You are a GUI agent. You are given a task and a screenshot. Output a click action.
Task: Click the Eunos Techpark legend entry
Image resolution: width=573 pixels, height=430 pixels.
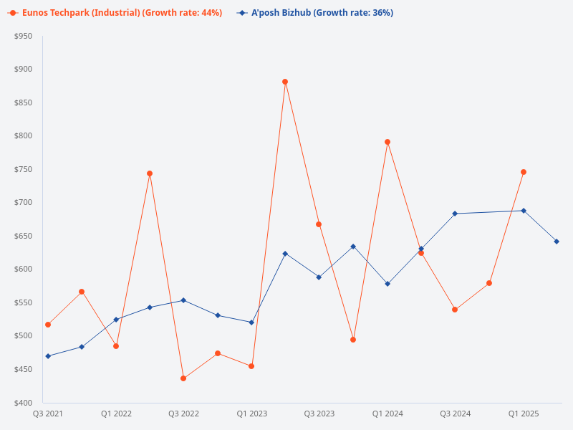[115, 13]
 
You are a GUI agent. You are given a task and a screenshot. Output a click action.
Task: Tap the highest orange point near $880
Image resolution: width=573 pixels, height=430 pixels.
[285, 82]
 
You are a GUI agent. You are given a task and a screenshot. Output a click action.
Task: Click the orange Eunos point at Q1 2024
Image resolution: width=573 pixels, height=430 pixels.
[387, 142]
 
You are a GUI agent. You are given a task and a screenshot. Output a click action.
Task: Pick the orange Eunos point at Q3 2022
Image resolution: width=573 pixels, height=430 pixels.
[183, 378]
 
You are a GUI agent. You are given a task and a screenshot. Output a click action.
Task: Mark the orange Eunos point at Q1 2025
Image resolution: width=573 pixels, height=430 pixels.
[524, 172]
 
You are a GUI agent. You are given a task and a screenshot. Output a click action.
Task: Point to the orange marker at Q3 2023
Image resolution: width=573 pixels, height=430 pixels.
[319, 224]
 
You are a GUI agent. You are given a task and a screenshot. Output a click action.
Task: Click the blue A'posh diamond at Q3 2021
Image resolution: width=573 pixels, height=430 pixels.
[48, 356]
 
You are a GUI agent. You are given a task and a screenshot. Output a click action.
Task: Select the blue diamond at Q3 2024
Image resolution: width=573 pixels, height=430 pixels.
[455, 214]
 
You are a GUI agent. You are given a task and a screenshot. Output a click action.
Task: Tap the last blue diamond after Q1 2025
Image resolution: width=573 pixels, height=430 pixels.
[557, 242]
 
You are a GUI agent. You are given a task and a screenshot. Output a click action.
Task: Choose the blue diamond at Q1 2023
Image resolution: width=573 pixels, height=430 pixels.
[251, 322]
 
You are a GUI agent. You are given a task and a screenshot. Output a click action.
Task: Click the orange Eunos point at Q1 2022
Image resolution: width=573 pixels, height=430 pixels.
[116, 346]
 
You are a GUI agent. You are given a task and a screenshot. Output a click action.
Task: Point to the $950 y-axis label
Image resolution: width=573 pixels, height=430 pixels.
[23, 36]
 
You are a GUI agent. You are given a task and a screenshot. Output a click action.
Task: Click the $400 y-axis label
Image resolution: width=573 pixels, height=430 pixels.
[23, 403]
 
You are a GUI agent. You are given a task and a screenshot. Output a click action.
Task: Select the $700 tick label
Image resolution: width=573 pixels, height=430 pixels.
[23, 203]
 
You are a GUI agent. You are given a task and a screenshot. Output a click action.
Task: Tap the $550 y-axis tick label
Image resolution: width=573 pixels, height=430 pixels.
[23, 302]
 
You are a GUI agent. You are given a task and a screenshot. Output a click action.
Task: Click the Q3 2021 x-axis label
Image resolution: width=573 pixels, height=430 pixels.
[48, 414]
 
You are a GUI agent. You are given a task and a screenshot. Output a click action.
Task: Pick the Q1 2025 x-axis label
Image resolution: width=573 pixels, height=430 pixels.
[524, 414]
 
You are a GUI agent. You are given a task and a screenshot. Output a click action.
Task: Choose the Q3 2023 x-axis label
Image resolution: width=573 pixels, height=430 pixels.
[319, 414]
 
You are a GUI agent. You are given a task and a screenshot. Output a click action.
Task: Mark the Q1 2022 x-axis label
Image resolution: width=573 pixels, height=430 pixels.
[116, 414]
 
